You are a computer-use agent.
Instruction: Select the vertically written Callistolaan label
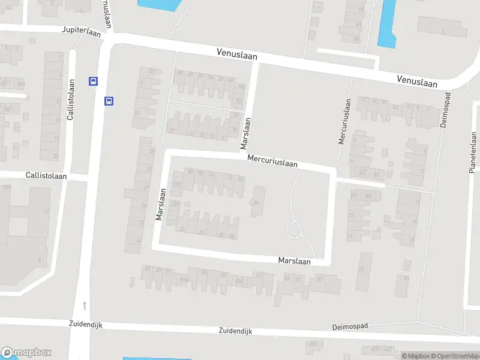pyautogui.click(x=71, y=100)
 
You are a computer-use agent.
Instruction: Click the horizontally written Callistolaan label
pyautogui.click(x=46, y=176)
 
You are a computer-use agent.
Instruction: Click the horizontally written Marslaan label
pyautogui.click(x=295, y=261)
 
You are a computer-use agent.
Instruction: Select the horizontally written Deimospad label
pyautogui.click(x=350, y=327)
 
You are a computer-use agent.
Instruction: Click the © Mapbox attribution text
pyautogui.click(x=415, y=356)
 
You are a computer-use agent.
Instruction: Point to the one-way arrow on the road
pyautogui.click(x=85, y=306)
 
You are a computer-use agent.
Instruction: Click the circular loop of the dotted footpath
pyautogui.click(x=293, y=230)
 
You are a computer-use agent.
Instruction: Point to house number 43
pyautogui.click(x=139, y=241)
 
